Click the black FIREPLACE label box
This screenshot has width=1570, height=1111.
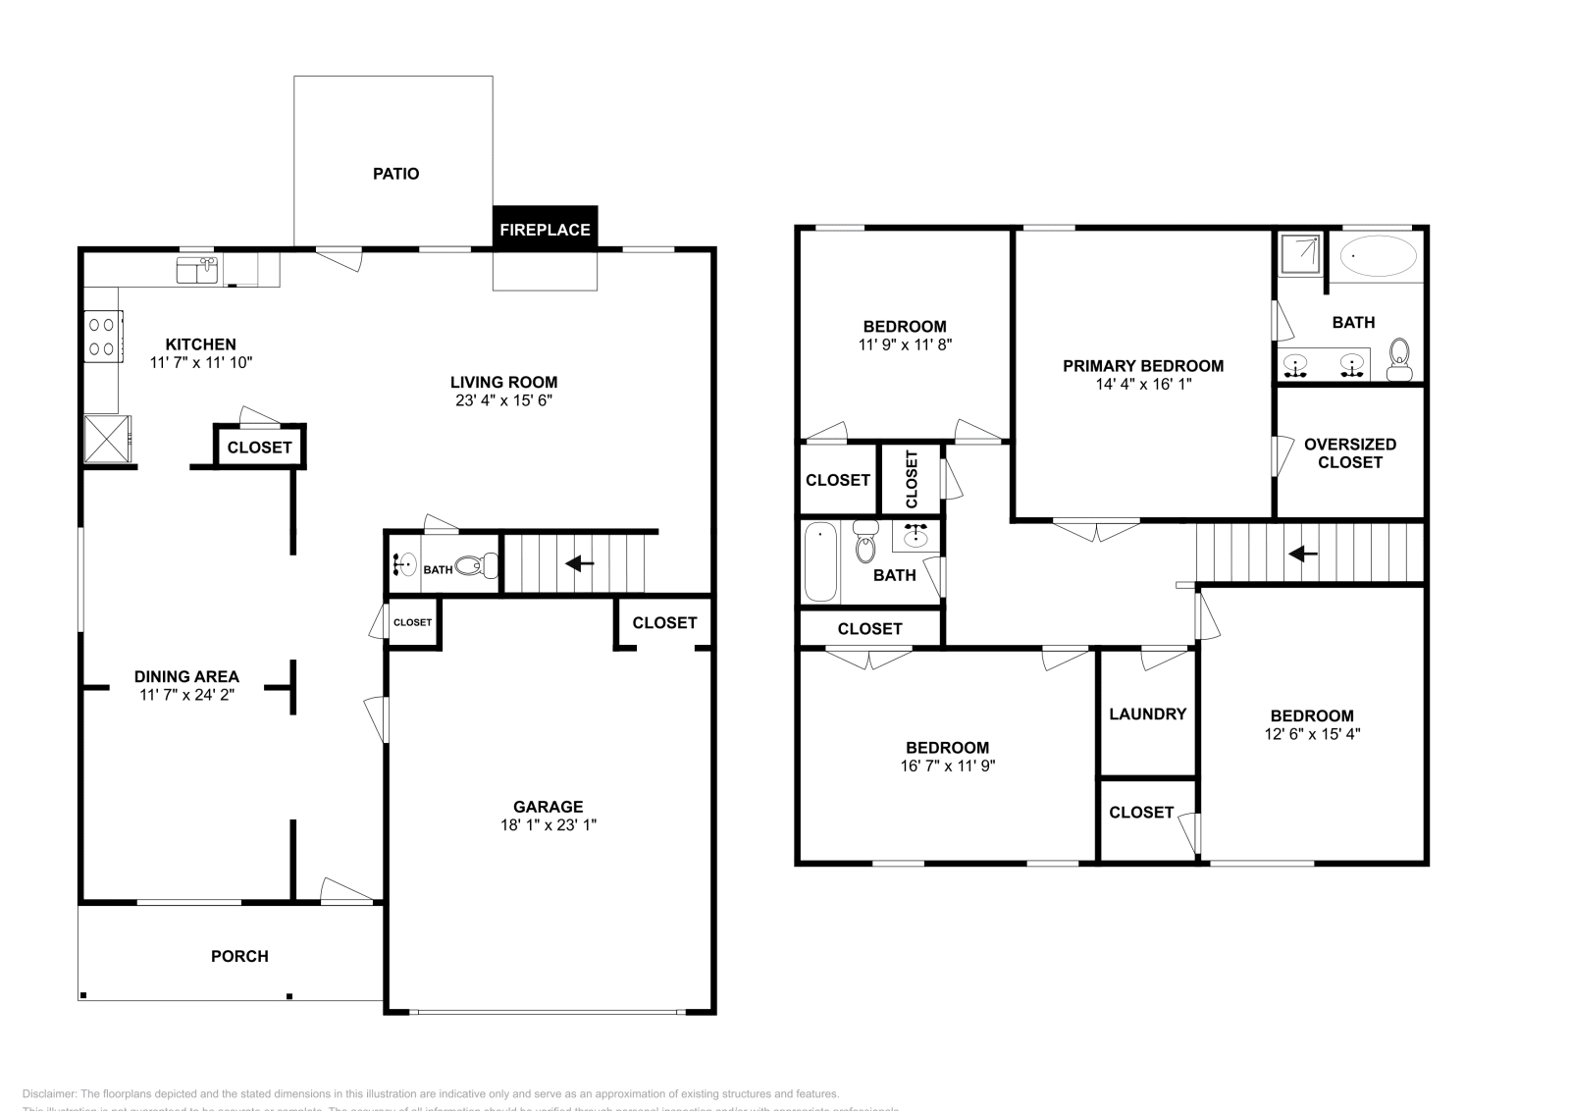click(x=545, y=229)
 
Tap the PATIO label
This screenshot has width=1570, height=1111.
click(x=395, y=174)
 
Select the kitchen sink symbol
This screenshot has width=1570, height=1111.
click(x=197, y=269)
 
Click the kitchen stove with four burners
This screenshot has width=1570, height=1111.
click(x=102, y=336)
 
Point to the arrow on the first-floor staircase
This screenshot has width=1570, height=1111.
click(x=580, y=563)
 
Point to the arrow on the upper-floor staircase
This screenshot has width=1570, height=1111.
click(x=1303, y=554)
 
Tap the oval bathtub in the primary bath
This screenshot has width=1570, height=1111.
click(x=1379, y=256)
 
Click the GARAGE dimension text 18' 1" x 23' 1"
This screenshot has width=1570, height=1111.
click(x=548, y=825)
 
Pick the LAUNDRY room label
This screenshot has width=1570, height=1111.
click(x=1147, y=714)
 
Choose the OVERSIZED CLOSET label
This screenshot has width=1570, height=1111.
click(x=1349, y=453)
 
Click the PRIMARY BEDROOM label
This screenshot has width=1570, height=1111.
click(x=1143, y=366)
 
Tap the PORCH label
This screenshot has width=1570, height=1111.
click(x=239, y=956)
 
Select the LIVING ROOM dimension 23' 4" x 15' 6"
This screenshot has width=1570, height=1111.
click(x=503, y=400)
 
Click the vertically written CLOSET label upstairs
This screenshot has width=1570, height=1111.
click(x=912, y=479)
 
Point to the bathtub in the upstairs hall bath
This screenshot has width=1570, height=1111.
click(x=820, y=562)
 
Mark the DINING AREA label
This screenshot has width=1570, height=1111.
click(x=186, y=676)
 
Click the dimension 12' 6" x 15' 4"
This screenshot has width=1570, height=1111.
click(x=1312, y=734)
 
